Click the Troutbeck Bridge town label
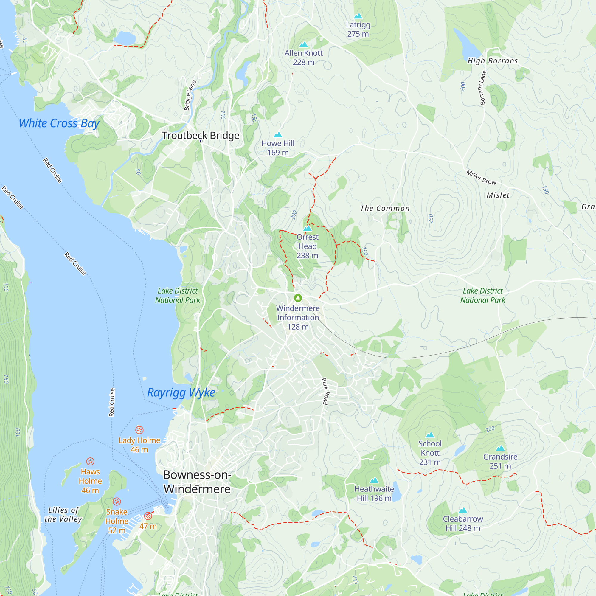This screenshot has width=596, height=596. click(201, 135)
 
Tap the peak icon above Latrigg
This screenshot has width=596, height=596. click(358, 16)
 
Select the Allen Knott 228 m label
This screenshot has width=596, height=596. click(304, 58)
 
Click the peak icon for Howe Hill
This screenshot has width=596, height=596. click(278, 135)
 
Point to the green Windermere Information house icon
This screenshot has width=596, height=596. click(298, 298)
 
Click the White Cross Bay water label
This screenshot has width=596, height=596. click(59, 123)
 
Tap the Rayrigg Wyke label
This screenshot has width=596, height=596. click(181, 393)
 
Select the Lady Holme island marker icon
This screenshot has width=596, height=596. click(139, 430)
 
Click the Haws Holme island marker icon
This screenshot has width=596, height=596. click(90, 462)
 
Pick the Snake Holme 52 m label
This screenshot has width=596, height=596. click(117, 521)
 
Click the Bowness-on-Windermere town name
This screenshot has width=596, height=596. click(197, 482)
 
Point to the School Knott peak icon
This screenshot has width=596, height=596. click(430, 435)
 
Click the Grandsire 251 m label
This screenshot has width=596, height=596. click(500, 461)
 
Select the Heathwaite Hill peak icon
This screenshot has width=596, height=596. click(374, 480)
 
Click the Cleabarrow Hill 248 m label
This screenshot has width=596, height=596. click(463, 524)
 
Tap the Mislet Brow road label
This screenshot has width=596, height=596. click(481, 177)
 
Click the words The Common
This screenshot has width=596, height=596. click(385, 209)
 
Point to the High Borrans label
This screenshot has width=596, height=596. click(493, 61)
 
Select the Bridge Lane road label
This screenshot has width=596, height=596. click(190, 95)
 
